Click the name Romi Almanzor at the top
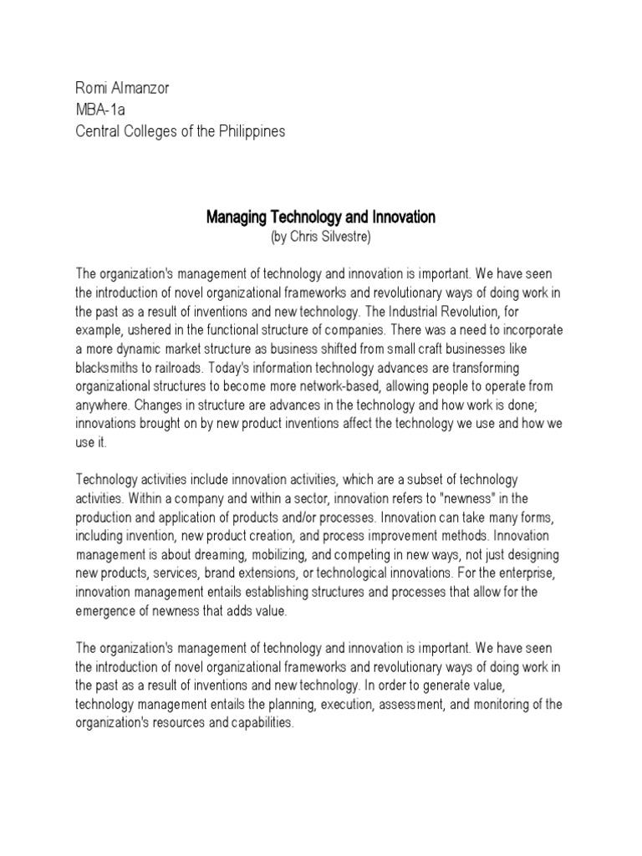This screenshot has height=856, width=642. (x=122, y=89)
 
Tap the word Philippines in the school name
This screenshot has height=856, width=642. (x=252, y=132)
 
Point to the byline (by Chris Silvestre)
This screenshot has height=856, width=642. (x=320, y=237)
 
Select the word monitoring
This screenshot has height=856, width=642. (x=502, y=705)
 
